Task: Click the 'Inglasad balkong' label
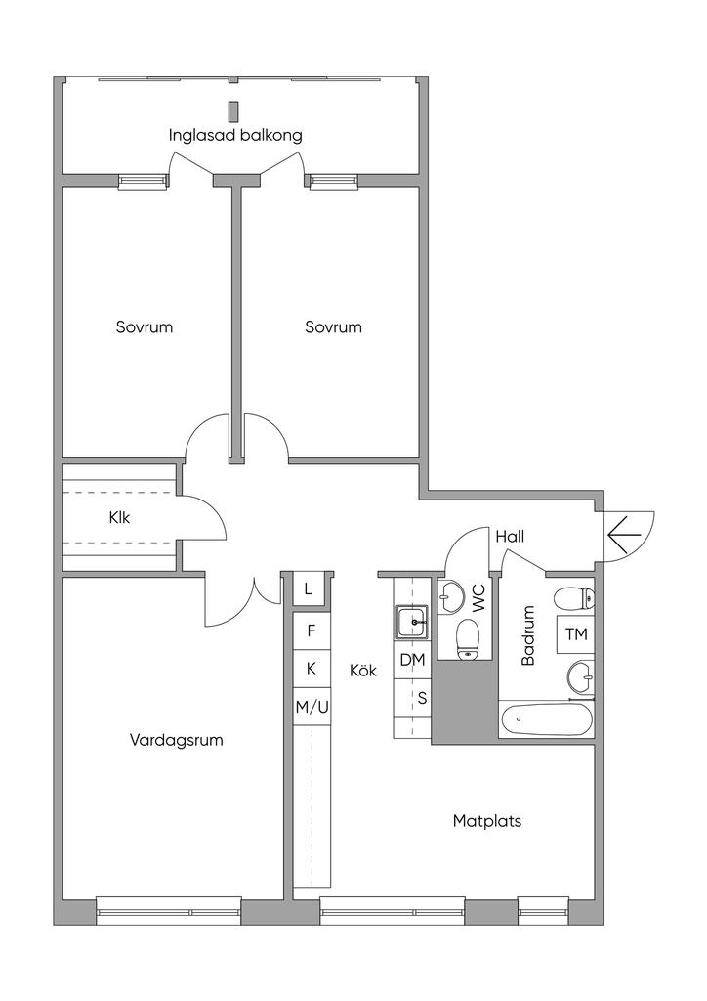click(235, 135)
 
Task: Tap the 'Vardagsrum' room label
click(177, 741)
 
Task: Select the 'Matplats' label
click(487, 821)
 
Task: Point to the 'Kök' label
click(363, 671)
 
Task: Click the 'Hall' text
click(510, 537)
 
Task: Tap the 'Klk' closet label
click(119, 517)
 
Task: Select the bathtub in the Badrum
click(546, 720)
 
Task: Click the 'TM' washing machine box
click(576, 634)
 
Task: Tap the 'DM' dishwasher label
click(412, 661)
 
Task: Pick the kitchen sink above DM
click(413, 622)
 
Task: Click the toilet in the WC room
click(469, 639)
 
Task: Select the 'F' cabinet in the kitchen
click(312, 631)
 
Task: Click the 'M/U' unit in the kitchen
click(312, 707)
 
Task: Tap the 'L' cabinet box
click(309, 588)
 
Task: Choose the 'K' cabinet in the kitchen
click(312, 669)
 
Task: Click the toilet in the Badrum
click(574, 599)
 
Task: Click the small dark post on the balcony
click(233, 111)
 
